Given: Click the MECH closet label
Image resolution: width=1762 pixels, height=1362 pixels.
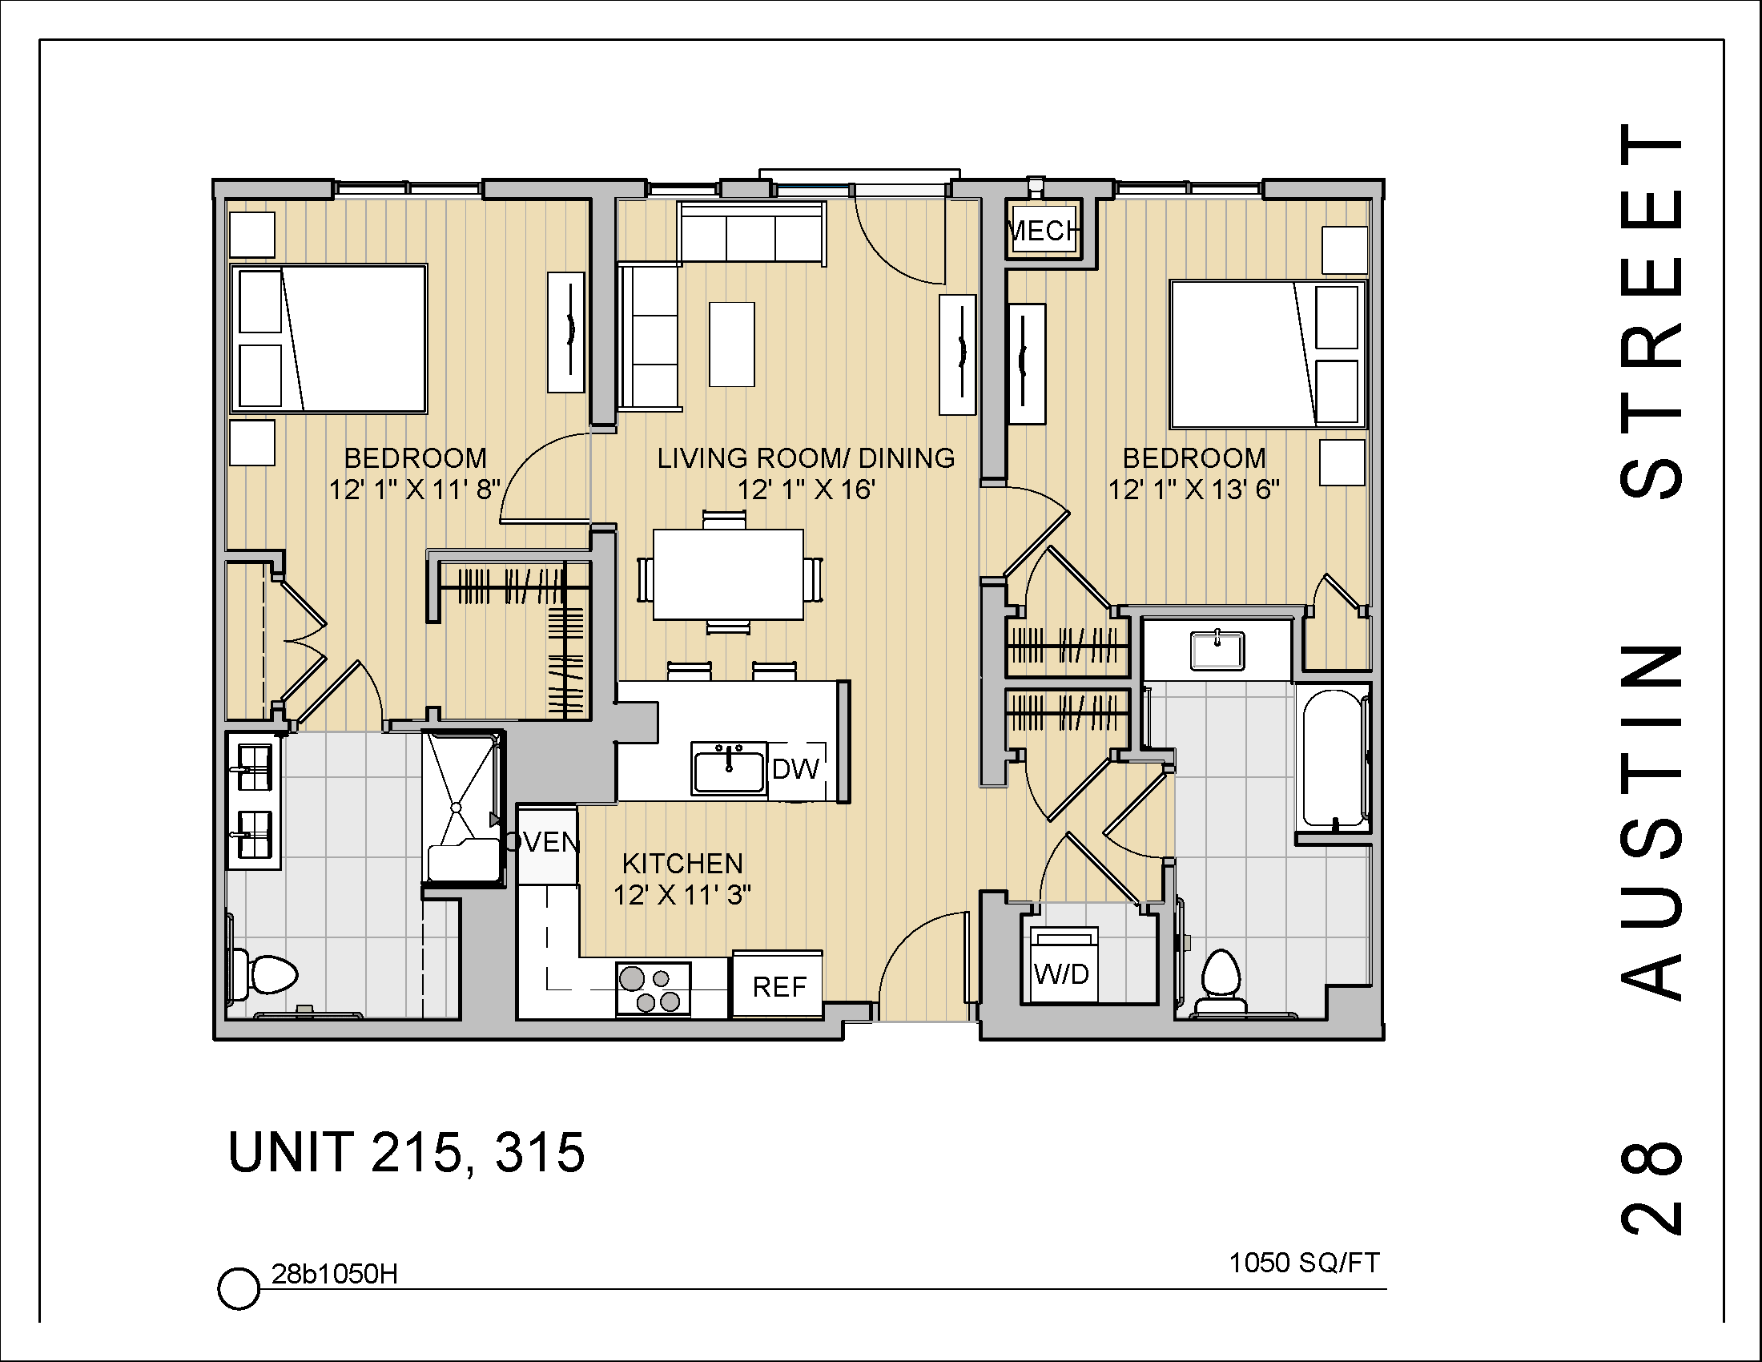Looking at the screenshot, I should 1043,232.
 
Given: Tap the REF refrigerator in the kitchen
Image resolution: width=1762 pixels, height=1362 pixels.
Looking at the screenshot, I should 778,986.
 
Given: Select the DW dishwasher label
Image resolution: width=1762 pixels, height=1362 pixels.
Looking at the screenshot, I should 795,769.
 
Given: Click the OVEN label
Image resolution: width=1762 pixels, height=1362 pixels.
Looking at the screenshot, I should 545,842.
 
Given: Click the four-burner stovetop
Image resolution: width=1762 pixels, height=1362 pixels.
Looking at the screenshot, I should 653,989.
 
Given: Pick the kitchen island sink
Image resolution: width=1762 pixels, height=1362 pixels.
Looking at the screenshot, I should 729,769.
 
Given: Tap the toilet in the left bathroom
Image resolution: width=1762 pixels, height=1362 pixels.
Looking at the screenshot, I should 265,976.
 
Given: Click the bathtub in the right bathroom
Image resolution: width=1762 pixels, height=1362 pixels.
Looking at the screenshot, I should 1333,758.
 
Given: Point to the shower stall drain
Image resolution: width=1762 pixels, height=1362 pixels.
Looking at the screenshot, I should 456,806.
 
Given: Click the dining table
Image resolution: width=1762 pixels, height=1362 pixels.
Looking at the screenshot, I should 728,574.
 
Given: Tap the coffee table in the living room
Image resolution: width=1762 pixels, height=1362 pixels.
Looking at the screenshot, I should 732,345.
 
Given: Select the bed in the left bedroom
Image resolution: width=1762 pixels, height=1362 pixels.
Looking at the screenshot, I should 328,339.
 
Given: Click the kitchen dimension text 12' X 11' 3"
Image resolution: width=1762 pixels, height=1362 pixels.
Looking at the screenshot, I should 682,896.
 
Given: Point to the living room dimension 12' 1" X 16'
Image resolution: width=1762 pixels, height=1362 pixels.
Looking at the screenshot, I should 806,490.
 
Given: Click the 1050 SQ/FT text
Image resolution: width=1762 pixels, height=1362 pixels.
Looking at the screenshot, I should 1304,1263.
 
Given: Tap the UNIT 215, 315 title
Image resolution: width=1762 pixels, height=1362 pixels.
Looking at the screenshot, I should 407,1152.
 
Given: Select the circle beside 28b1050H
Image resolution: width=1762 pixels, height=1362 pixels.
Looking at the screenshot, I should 239,1288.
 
